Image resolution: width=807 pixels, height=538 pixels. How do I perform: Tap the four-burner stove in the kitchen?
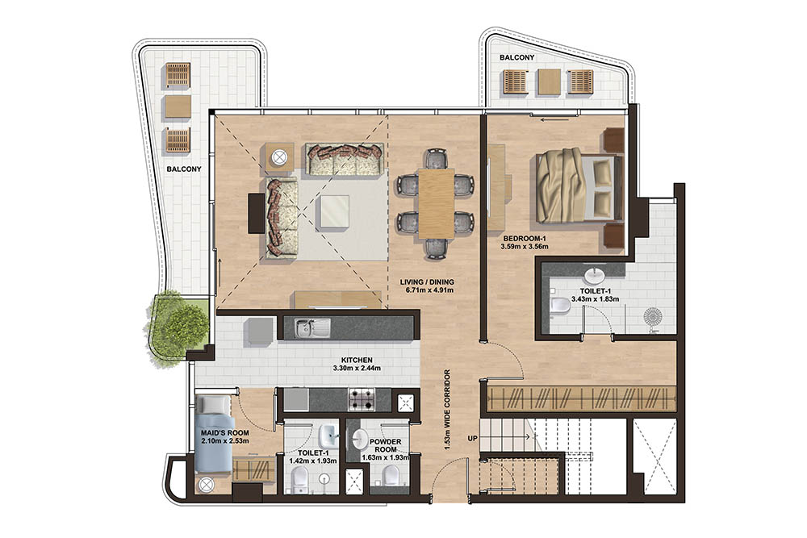click(x=362, y=398)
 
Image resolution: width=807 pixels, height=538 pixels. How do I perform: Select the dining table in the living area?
click(x=436, y=202)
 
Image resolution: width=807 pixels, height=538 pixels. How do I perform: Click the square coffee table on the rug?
click(x=333, y=212)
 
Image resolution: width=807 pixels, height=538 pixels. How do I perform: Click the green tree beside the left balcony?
click(x=176, y=327)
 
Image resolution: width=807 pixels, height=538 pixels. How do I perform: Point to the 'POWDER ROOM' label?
click(x=384, y=446)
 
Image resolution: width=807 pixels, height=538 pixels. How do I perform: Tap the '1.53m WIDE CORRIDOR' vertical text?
click(x=445, y=411)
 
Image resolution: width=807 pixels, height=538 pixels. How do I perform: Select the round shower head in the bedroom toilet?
click(x=654, y=315)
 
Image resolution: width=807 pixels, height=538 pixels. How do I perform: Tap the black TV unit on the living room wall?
click(x=256, y=212)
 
